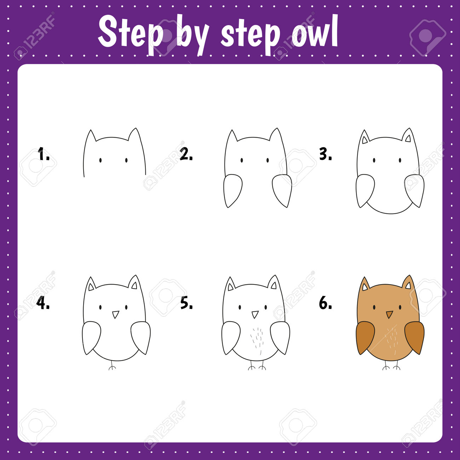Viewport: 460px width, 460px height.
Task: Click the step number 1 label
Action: coord(44,154)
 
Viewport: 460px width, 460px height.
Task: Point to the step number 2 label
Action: coord(186,154)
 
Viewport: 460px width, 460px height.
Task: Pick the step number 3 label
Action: coord(326,154)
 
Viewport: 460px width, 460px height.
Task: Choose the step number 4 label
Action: coord(43,303)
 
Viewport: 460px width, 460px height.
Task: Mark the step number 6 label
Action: coord(326,303)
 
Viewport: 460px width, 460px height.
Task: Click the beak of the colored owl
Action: coord(389,314)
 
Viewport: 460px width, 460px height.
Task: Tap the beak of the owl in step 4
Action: coord(116,314)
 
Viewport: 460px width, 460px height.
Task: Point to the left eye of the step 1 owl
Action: coord(100,160)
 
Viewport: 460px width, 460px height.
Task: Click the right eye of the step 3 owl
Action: coord(400,160)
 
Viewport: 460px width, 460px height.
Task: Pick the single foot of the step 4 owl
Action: coord(112,365)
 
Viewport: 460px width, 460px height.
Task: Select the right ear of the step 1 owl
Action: coord(135,134)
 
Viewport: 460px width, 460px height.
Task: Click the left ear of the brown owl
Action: coord(364,284)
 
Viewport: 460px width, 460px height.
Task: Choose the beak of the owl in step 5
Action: coord(255,314)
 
